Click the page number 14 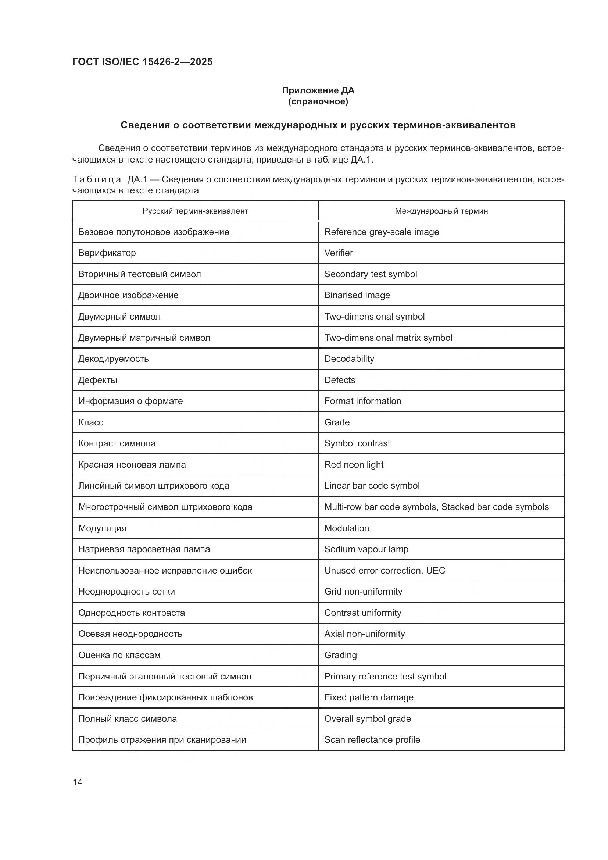click(x=78, y=782)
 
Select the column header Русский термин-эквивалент click(x=195, y=211)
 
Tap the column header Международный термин click(x=441, y=211)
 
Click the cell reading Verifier click(x=339, y=253)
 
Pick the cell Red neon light click(x=354, y=464)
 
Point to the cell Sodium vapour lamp click(x=366, y=549)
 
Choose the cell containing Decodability click(x=349, y=359)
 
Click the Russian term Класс click(x=90, y=422)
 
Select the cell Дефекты click(x=98, y=380)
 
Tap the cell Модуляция click(x=102, y=528)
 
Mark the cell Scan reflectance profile click(x=372, y=740)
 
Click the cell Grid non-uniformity click(x=363, y=592)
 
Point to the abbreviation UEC click(x=435, y=571)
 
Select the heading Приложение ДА click(x=318, y=90)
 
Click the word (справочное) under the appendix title click(x=318, y=101)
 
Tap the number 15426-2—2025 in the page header click(x=178, y=62)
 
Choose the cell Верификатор click(x=107, y=253)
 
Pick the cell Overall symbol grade click(x=368, y=719)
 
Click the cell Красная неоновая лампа click(x=132, y=464)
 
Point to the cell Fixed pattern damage click(x=369, y=697)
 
